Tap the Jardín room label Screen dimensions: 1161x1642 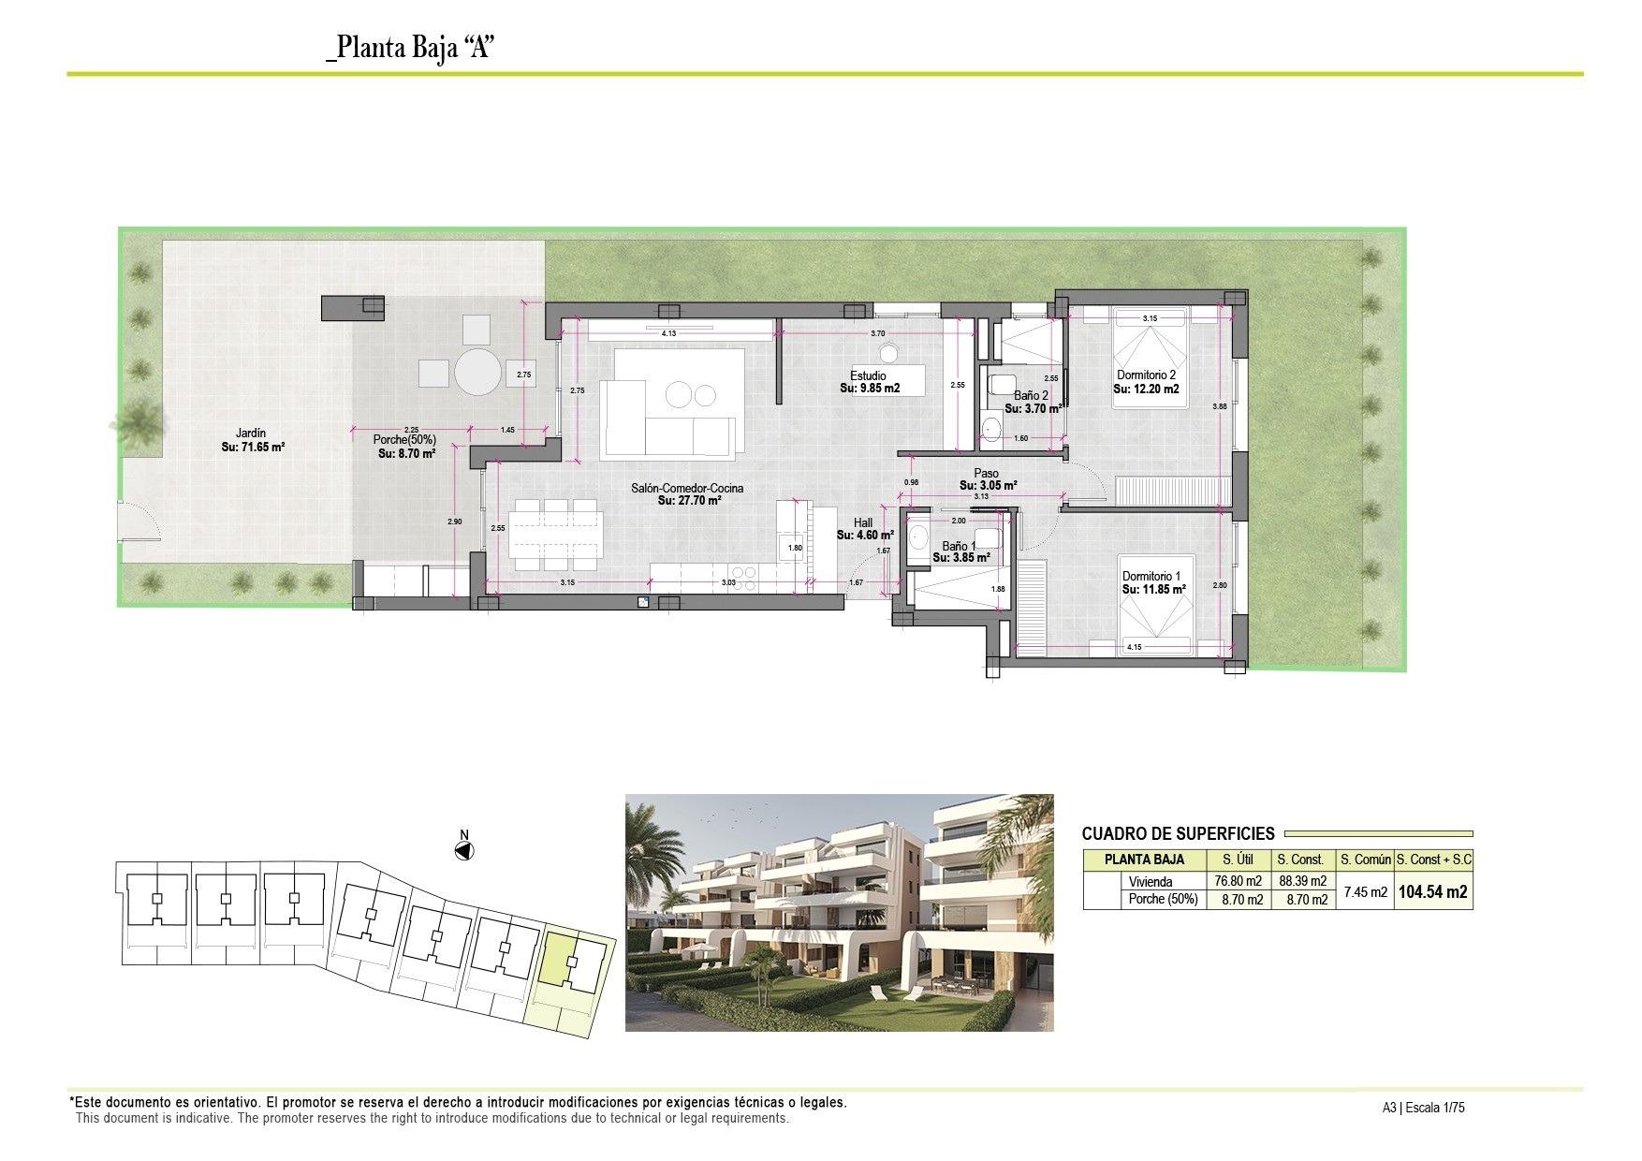click(x=251, y=434)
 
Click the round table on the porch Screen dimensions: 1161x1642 click(x=478, y=373)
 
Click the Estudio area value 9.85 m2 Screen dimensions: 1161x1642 click(x=870, y=388)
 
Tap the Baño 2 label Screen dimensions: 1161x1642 click(x=1031, y=396)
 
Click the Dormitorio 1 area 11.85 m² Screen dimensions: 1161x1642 click(x=1153, y=590)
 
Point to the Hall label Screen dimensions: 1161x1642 click(x=863, y=523)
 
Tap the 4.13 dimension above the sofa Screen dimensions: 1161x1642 click(x=668, y=333)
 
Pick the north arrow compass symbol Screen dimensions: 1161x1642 click(x=463, y=850)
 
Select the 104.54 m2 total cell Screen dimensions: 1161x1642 click(x=1432, y=892)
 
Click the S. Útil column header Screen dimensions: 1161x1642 click(x=1239, y=860)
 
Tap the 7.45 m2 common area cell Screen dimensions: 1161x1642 click(x=1365, y=892)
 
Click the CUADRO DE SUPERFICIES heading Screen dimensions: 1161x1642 click(x=1178, y=833)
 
